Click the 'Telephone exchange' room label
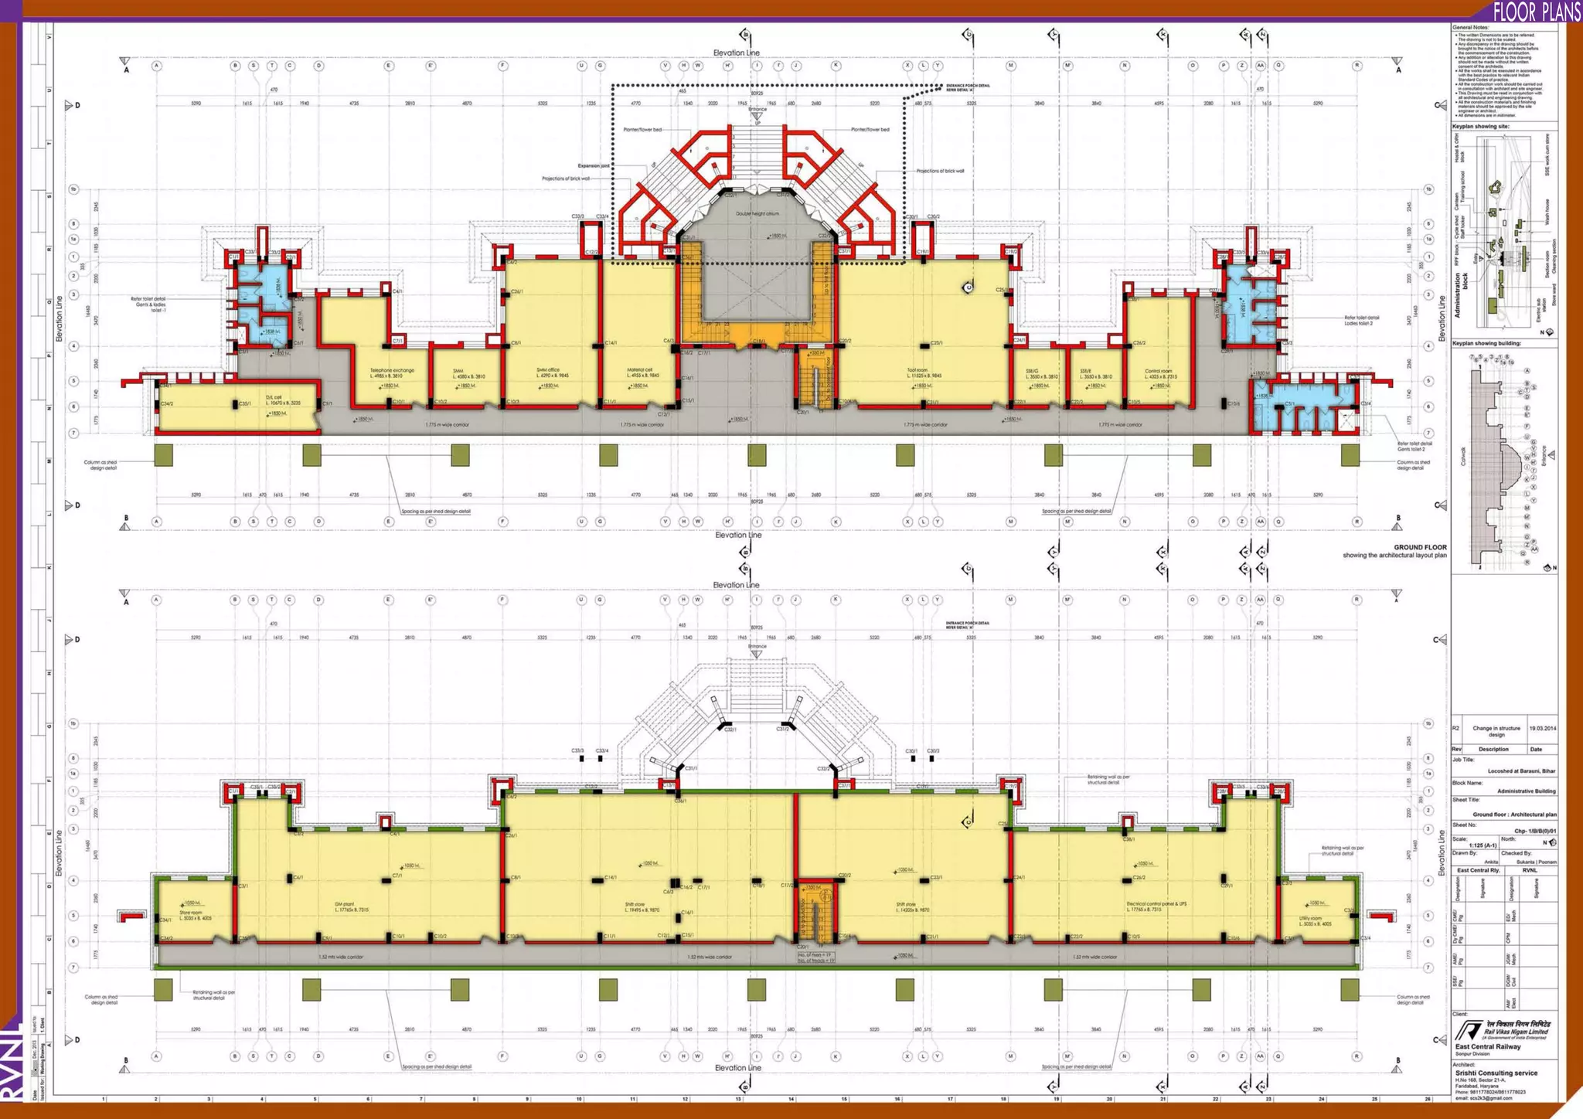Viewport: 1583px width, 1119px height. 392,370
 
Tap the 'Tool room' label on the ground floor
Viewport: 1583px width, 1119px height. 917,370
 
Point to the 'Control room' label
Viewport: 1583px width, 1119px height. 1157,371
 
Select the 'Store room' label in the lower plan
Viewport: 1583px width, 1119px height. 191,913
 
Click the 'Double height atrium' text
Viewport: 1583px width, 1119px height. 757,213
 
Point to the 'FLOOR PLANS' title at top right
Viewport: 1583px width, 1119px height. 1535,11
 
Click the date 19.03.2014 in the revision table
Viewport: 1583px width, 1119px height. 1542,728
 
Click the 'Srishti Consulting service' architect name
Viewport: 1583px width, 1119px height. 1496,1073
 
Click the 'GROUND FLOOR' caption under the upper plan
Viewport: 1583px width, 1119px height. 1420,547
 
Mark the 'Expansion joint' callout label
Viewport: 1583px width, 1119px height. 594,165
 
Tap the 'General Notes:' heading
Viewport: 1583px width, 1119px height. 1470,28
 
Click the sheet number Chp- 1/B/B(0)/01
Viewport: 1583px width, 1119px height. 1535,832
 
